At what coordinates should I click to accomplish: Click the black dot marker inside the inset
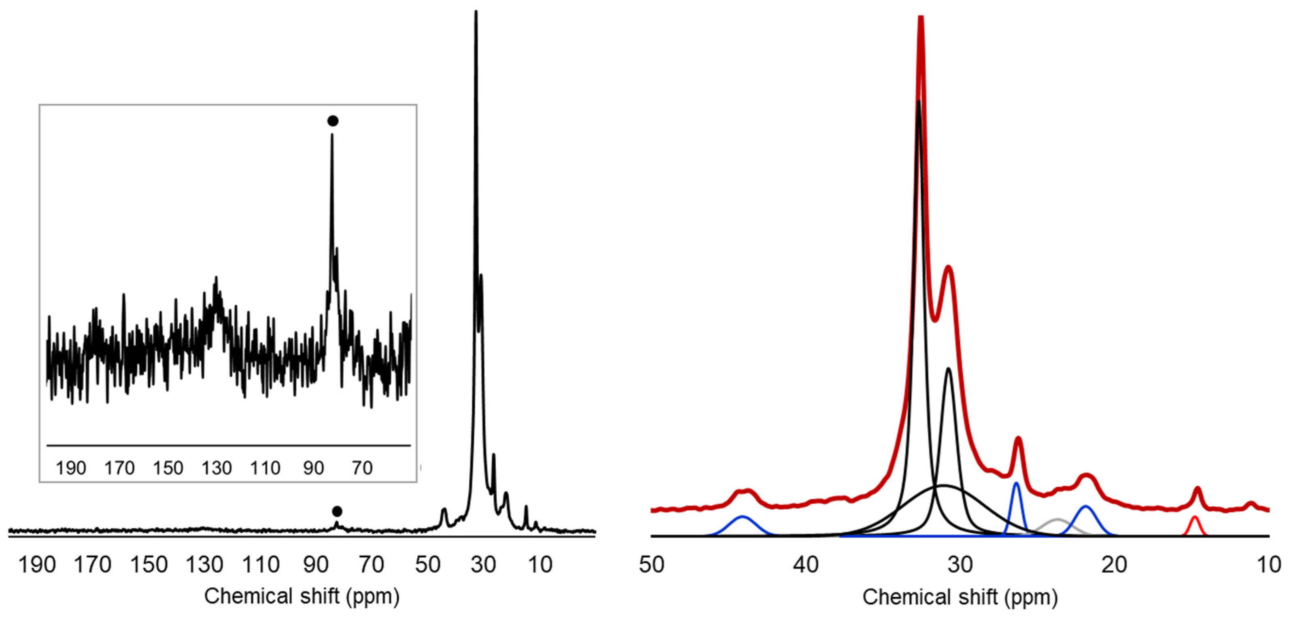click(x=333, y=121)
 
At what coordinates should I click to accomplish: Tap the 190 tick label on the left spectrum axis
click(x=37, y=565)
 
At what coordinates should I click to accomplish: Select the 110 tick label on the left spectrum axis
click(x=260, y=565)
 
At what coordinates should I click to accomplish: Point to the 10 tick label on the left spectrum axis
click(x=540, y=565)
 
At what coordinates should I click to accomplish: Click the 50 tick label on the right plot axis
click(x=652, y=565)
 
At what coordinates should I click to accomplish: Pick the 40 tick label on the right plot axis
click(x=806, y=565)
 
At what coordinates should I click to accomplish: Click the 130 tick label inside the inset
click(x=217, y=468)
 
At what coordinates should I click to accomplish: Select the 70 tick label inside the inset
click(x=362, y=468)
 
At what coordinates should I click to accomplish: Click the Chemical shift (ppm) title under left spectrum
click(x=302, y=597)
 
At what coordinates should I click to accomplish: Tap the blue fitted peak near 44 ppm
click(x=743, y=518)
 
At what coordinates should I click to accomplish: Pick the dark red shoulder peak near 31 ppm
click(x=948, y=268)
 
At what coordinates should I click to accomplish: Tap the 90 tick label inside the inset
click(x=313, y=468)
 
